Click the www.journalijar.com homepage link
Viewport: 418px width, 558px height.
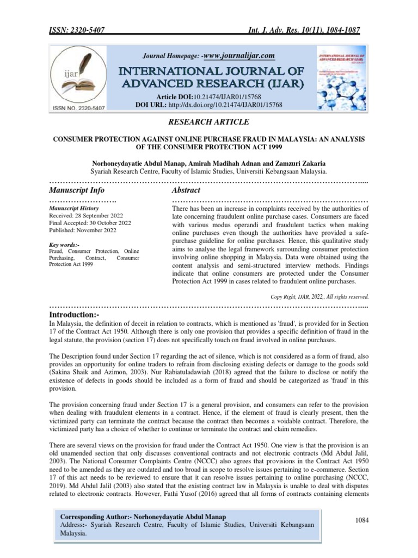coord(240,56)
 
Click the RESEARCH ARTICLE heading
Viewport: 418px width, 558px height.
coord(210,122)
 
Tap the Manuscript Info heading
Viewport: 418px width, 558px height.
coord(76,190)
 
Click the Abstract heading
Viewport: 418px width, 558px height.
coord(186,190)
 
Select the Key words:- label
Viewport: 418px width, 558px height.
coord(64,245)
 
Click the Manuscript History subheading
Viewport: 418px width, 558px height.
coord(74,208)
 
